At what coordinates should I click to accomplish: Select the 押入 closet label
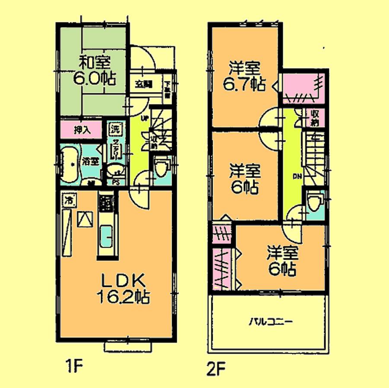coord(82,130)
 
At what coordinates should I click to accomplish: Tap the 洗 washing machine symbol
coord(115,128)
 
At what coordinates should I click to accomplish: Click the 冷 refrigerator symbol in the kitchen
coord(69,200)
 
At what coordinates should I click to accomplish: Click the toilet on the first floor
coord(162,168)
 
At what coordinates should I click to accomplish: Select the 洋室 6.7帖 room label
coord(244,76)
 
